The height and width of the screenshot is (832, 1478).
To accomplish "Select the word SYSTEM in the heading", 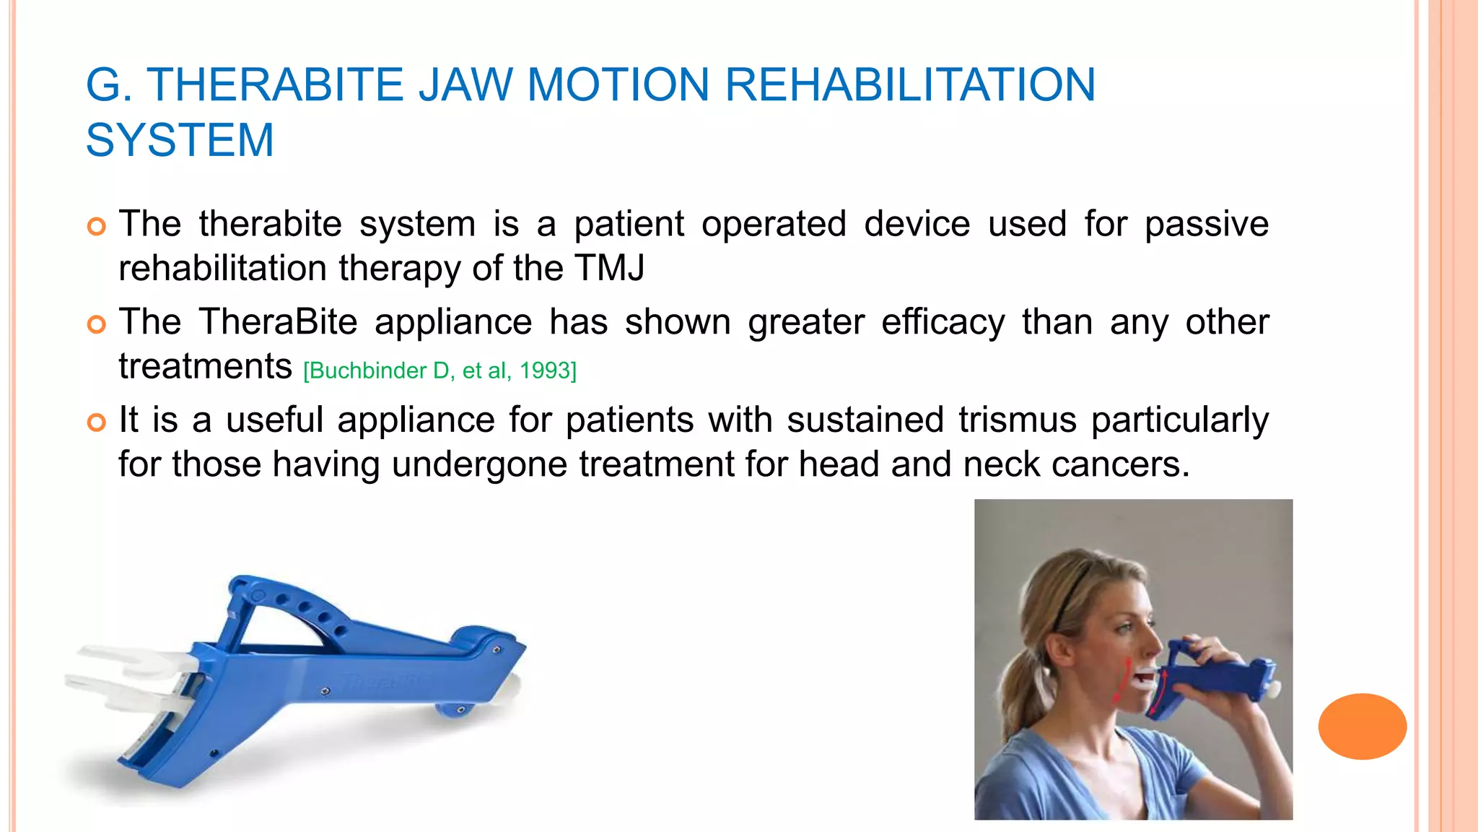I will (180, 140).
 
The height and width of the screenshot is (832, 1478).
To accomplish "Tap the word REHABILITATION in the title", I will (910, 85).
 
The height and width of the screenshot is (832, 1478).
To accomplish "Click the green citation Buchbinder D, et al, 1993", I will (440, 371).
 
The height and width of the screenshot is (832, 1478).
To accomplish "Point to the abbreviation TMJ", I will (610, 269).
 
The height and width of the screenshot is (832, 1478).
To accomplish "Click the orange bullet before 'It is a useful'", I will (96, 422).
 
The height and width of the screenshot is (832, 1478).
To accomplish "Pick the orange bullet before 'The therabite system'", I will (96, 226).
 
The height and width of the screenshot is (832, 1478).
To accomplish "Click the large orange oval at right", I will (1362, 726).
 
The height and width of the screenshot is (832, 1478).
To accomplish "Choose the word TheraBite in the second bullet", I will (278, 323).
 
